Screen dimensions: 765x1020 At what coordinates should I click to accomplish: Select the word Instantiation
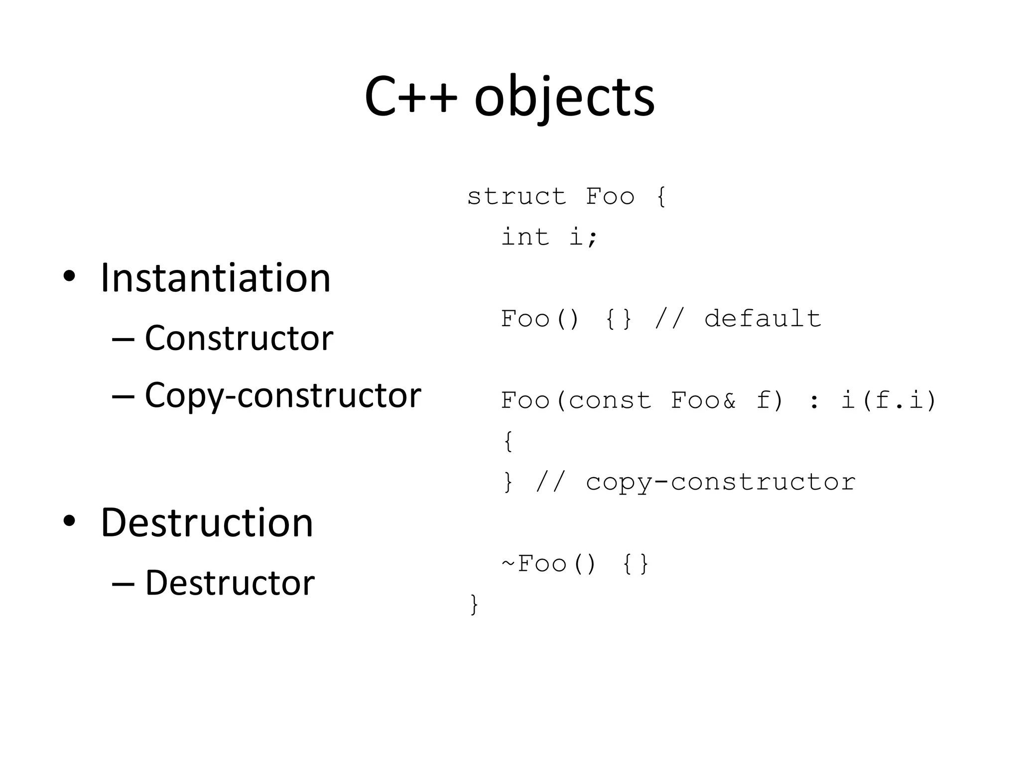point(215,278)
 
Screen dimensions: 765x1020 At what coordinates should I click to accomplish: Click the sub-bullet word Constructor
point(239,338)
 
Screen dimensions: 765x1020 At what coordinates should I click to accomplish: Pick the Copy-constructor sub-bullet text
point(282,395)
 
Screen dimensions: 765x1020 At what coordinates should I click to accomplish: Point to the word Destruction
point(207,522)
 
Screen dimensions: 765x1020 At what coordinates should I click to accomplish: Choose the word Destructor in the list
point(230,583)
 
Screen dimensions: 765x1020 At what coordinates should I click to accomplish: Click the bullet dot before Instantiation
point(69,276)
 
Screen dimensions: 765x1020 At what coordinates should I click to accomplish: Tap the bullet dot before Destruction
point(69,521)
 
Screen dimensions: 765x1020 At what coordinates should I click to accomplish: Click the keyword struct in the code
point(516,197)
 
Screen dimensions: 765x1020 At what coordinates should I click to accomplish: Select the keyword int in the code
point(525,237)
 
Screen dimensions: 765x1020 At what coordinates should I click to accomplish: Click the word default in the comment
point(762,319)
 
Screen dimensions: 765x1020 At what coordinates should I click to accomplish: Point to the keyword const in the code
point(610,400)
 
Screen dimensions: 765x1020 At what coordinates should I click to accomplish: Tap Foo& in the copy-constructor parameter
point(703,400)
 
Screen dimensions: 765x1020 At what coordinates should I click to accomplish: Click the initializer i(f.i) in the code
point(889,400)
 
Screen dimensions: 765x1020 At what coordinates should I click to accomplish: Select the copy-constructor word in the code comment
point(720,482)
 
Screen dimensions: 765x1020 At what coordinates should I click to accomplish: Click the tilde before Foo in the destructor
point(508,563)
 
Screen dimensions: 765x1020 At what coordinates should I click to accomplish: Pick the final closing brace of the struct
point(474,605)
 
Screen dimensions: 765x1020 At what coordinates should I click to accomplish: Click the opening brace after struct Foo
point(661,197)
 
